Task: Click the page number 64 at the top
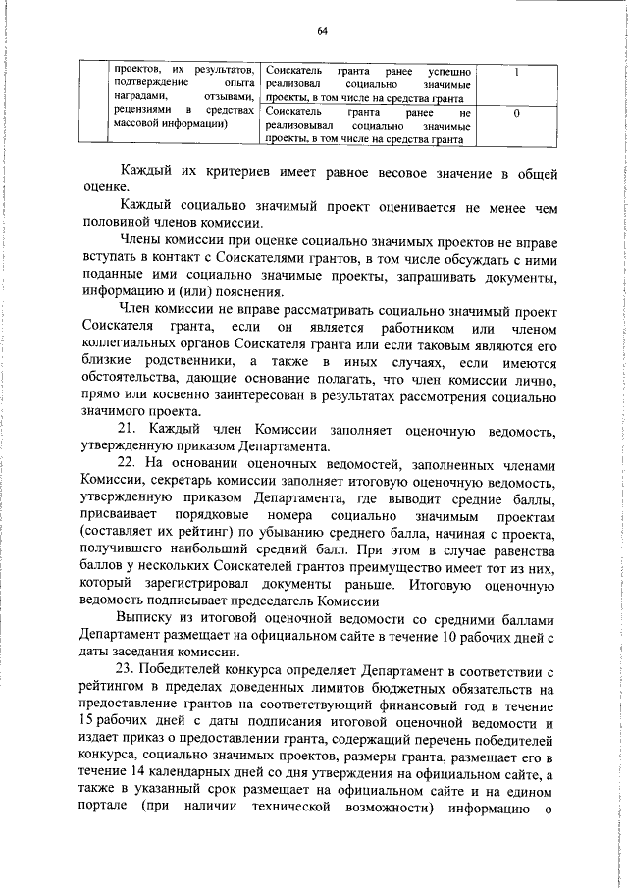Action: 322,31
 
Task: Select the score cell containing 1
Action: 516,74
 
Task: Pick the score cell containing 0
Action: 516,114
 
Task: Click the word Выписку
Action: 148,620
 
